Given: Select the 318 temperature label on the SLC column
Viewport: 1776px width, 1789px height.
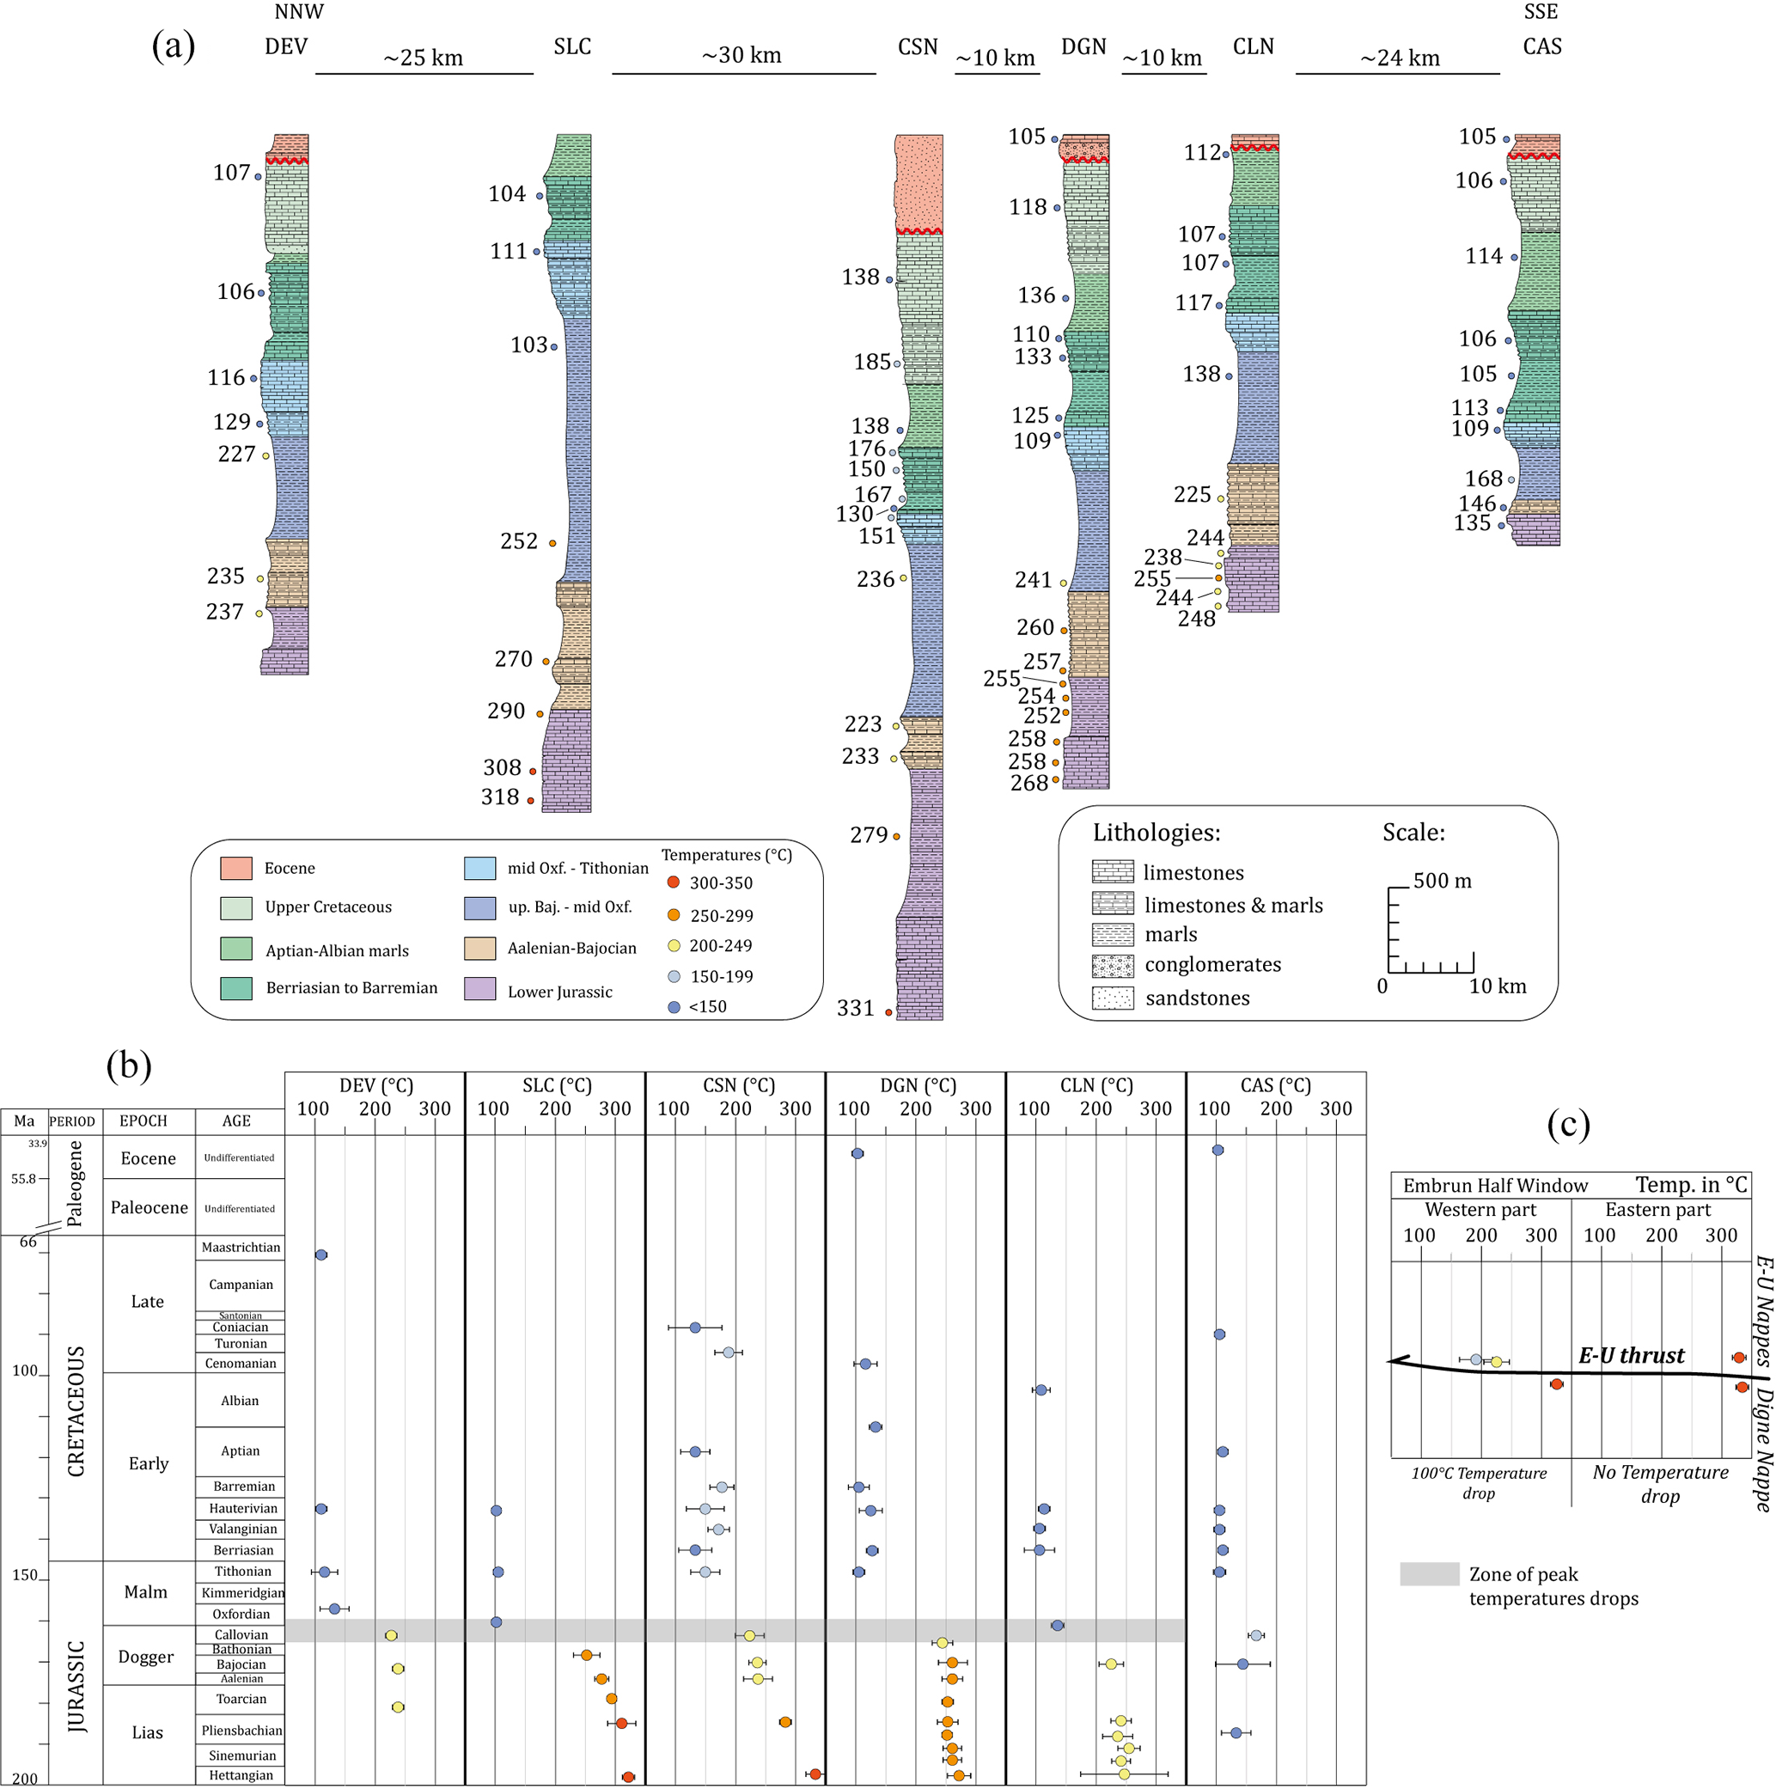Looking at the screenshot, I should [500, 797].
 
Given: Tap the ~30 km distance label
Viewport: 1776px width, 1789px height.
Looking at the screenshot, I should [742, 56].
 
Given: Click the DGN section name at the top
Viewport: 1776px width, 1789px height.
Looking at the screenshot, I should [1083, 46].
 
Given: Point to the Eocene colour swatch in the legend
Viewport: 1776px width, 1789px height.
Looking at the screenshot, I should [236, 868].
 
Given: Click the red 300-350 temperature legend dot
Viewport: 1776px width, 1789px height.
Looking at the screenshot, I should [674, 882].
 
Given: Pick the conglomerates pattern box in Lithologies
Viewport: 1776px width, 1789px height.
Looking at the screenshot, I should [1112, 966].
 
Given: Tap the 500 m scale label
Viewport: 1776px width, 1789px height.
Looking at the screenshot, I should [1442, 881].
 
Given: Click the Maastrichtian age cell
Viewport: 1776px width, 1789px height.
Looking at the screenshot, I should [241, 1248].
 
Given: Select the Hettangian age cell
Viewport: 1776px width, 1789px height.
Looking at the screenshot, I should [241, 1775].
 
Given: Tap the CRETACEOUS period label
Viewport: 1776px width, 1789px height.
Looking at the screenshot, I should [76, 1410].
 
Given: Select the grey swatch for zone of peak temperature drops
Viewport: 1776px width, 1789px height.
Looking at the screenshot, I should [1429, 1574].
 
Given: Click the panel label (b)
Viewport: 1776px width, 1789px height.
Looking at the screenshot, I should [129, 1065].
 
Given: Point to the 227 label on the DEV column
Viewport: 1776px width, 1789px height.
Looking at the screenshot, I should [236, 454].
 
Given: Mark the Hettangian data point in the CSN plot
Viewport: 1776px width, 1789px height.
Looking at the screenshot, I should [815, 1774].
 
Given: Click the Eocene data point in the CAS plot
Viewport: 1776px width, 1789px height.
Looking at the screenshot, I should [1218, 1150].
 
